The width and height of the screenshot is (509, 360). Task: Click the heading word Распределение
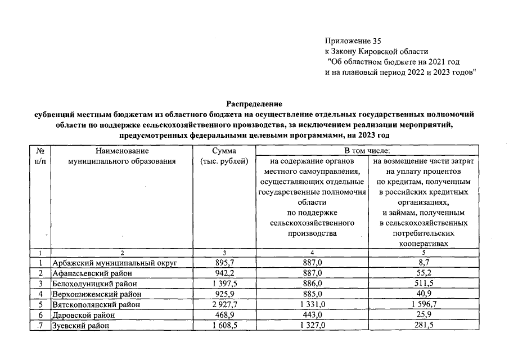coord(254,103)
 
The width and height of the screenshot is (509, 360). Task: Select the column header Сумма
coord(224,151)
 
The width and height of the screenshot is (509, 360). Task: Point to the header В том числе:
coord(366,151)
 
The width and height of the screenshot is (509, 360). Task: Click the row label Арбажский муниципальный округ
coord(115,263)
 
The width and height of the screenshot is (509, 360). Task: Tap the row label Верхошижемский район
coord(96,294)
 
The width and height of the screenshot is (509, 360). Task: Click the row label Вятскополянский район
coord(97,304)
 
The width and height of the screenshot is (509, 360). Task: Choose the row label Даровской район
coord(84,314)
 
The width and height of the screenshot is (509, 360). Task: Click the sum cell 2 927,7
coord(224,304)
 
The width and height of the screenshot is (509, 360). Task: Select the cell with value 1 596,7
coord(422,304)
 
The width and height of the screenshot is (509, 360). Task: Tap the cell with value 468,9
coord(224,314)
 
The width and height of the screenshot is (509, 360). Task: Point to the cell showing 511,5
coord(422,283)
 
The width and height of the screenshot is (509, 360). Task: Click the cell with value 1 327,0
coord(312,325)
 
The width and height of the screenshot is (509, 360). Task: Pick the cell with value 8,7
coord(422,263)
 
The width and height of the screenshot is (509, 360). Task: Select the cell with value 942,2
coord(224,273)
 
